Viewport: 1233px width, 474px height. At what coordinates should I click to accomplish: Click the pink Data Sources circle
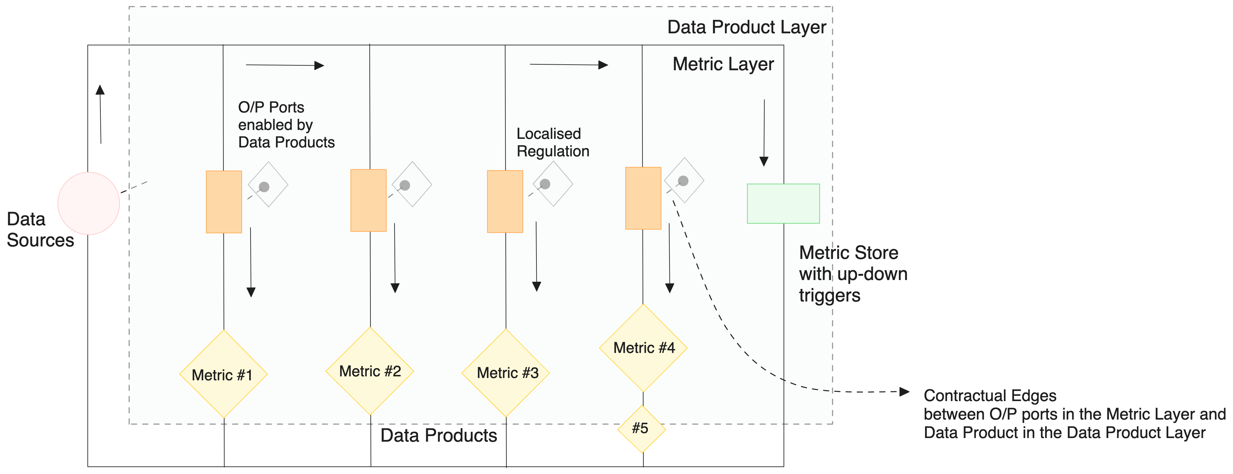[88, 203]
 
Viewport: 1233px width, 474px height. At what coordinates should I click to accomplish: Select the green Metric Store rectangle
[783, 203]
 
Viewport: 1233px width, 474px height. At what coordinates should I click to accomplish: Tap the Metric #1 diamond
[223, 374]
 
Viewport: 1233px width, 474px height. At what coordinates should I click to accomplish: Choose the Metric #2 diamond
[369, 371]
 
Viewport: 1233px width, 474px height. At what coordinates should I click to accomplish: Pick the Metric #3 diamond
[505, 373]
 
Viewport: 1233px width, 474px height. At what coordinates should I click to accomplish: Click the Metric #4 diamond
[643, 348]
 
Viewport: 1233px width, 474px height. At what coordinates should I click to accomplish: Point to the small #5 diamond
[641, 428]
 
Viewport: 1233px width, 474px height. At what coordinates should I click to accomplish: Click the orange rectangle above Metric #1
[223, 201]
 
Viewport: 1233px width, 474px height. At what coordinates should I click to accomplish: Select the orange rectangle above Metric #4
[643, 198]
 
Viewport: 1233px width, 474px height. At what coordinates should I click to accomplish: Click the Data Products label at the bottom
[438, 435]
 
